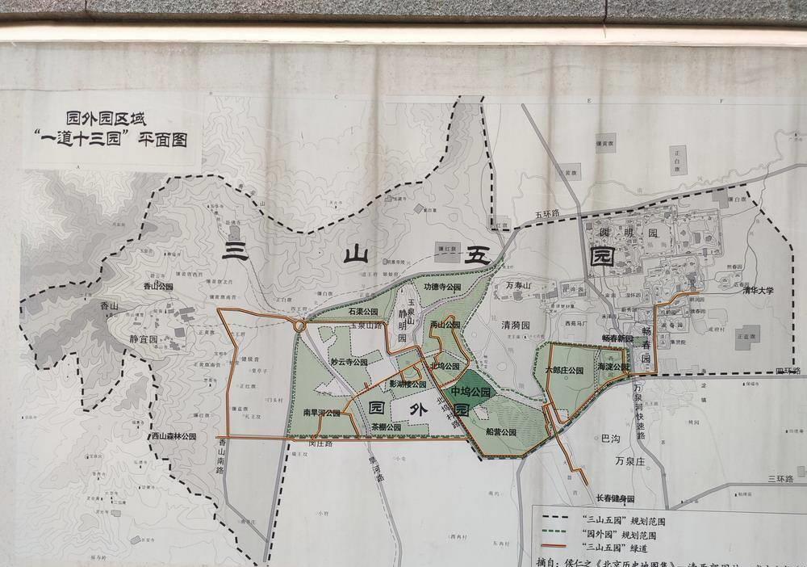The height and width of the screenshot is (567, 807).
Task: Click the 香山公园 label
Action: (159, 286)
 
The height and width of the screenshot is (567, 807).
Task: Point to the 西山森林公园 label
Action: (174, 436)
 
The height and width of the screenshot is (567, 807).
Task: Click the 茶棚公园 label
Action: (384, 427)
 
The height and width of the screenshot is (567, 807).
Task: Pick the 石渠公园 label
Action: (363, 311)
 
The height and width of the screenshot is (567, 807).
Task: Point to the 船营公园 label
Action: (500, 432)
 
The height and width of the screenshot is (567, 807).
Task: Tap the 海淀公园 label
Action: (614, 367)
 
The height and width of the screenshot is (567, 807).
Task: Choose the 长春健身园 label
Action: (615, 498)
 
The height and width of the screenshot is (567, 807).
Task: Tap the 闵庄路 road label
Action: (321, 443)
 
